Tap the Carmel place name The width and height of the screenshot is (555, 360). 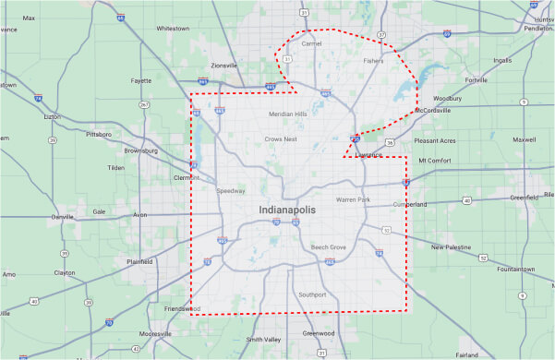[310, 43]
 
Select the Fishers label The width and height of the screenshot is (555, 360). [373, 62]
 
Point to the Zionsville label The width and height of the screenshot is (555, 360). [224, 66]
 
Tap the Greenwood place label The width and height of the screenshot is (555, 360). [319, 332]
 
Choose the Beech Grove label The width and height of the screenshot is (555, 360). [328, 247]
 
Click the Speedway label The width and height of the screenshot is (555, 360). [231, 191]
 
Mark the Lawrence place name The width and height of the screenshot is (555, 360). [368, 155]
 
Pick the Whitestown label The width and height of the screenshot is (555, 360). [173, 28]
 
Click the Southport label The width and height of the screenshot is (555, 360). [313, 294]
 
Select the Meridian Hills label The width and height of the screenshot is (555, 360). [287, 114]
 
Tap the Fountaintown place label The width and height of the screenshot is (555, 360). [516, 269]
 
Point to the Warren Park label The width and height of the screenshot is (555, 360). [353, 199]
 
